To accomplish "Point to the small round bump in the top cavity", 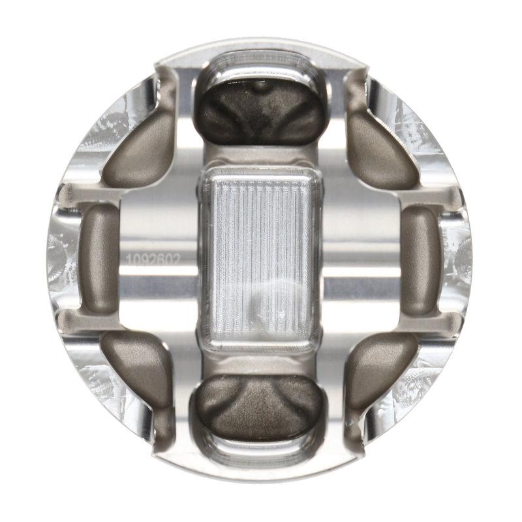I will point(261,85).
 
